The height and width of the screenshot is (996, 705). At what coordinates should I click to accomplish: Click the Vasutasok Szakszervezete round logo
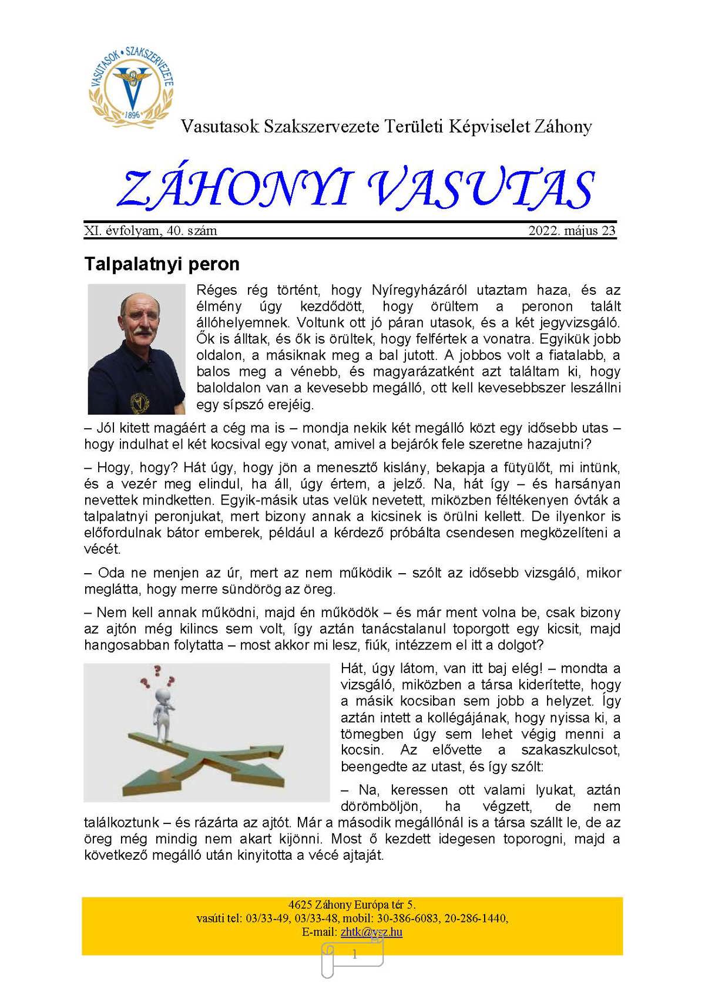(132, 85)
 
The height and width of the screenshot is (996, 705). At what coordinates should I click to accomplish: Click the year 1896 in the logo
(132, 115)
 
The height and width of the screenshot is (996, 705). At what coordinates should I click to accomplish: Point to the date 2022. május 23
(572, 231)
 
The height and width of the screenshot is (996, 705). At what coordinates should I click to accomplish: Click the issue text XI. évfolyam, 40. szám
(150, 231)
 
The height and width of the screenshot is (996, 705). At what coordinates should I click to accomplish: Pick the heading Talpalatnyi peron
(162, 264)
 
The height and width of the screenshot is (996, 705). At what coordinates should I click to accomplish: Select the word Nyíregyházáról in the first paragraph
(419, 290)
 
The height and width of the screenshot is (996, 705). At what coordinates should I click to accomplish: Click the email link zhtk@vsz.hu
(371, 932)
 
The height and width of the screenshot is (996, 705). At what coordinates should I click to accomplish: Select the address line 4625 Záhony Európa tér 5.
(352, 905)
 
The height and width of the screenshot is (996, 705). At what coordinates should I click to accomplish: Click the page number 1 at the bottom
(354, 955)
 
